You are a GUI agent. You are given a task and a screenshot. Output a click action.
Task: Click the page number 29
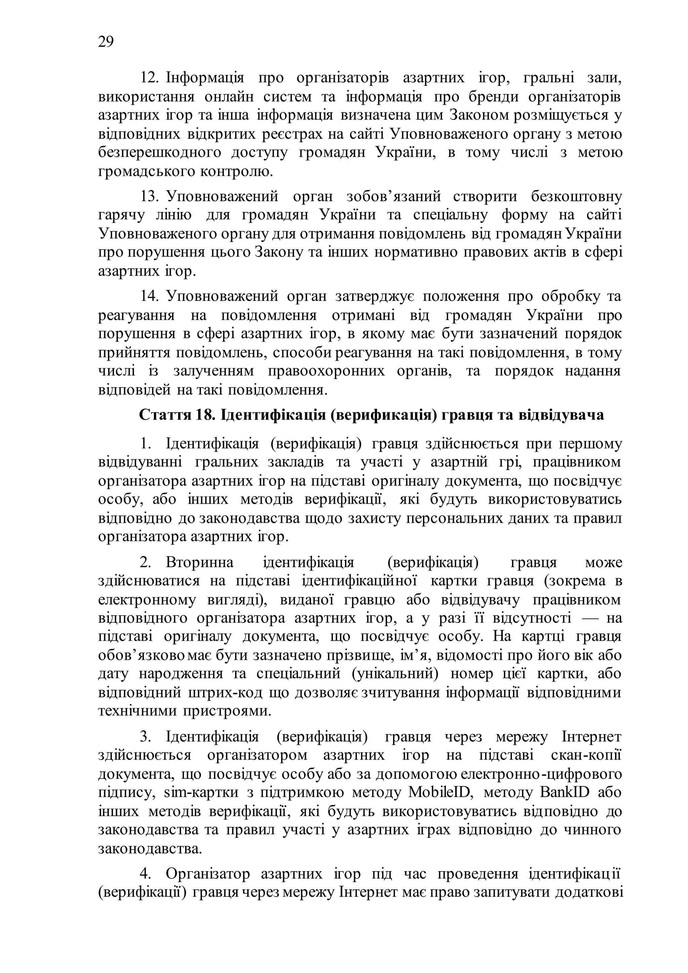pyautogui.click(x=105, y=42)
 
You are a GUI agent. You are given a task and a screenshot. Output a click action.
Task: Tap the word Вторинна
pyautogui.click(x=200, y=562)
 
